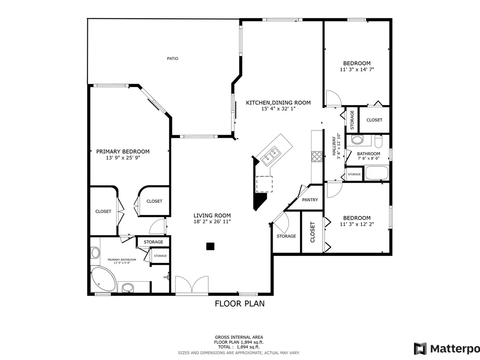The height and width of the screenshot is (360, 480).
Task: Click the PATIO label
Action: click(172, 59)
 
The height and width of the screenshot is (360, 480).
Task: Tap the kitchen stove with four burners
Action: click(317, 156)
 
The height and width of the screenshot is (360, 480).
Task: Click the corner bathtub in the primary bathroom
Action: click(104, 279)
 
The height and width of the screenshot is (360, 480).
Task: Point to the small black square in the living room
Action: click(210, 246)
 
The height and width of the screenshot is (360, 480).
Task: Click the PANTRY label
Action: click(310, 200)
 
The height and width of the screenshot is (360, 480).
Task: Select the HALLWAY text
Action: click(334, 146)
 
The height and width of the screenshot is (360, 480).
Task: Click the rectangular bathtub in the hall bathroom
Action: click(376, 173)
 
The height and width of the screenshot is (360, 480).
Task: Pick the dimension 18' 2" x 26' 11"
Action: click(212, 222)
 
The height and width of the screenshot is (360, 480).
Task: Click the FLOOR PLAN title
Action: click(240, 303)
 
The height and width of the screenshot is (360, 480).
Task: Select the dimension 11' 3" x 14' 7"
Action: click(357, 70)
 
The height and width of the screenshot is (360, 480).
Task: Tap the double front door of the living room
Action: click(192, 285)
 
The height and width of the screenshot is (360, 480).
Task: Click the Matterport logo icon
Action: click(420, 348)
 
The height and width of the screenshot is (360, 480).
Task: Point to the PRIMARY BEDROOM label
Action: click(123, 152)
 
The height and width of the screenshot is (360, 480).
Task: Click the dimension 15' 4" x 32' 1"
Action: click(278, 108)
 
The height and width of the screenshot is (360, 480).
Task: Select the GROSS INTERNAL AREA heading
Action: click(239, 337)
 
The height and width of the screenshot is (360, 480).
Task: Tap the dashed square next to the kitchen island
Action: click(264, 184)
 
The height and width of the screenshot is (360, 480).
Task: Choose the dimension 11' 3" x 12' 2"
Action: click(357, 224)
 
